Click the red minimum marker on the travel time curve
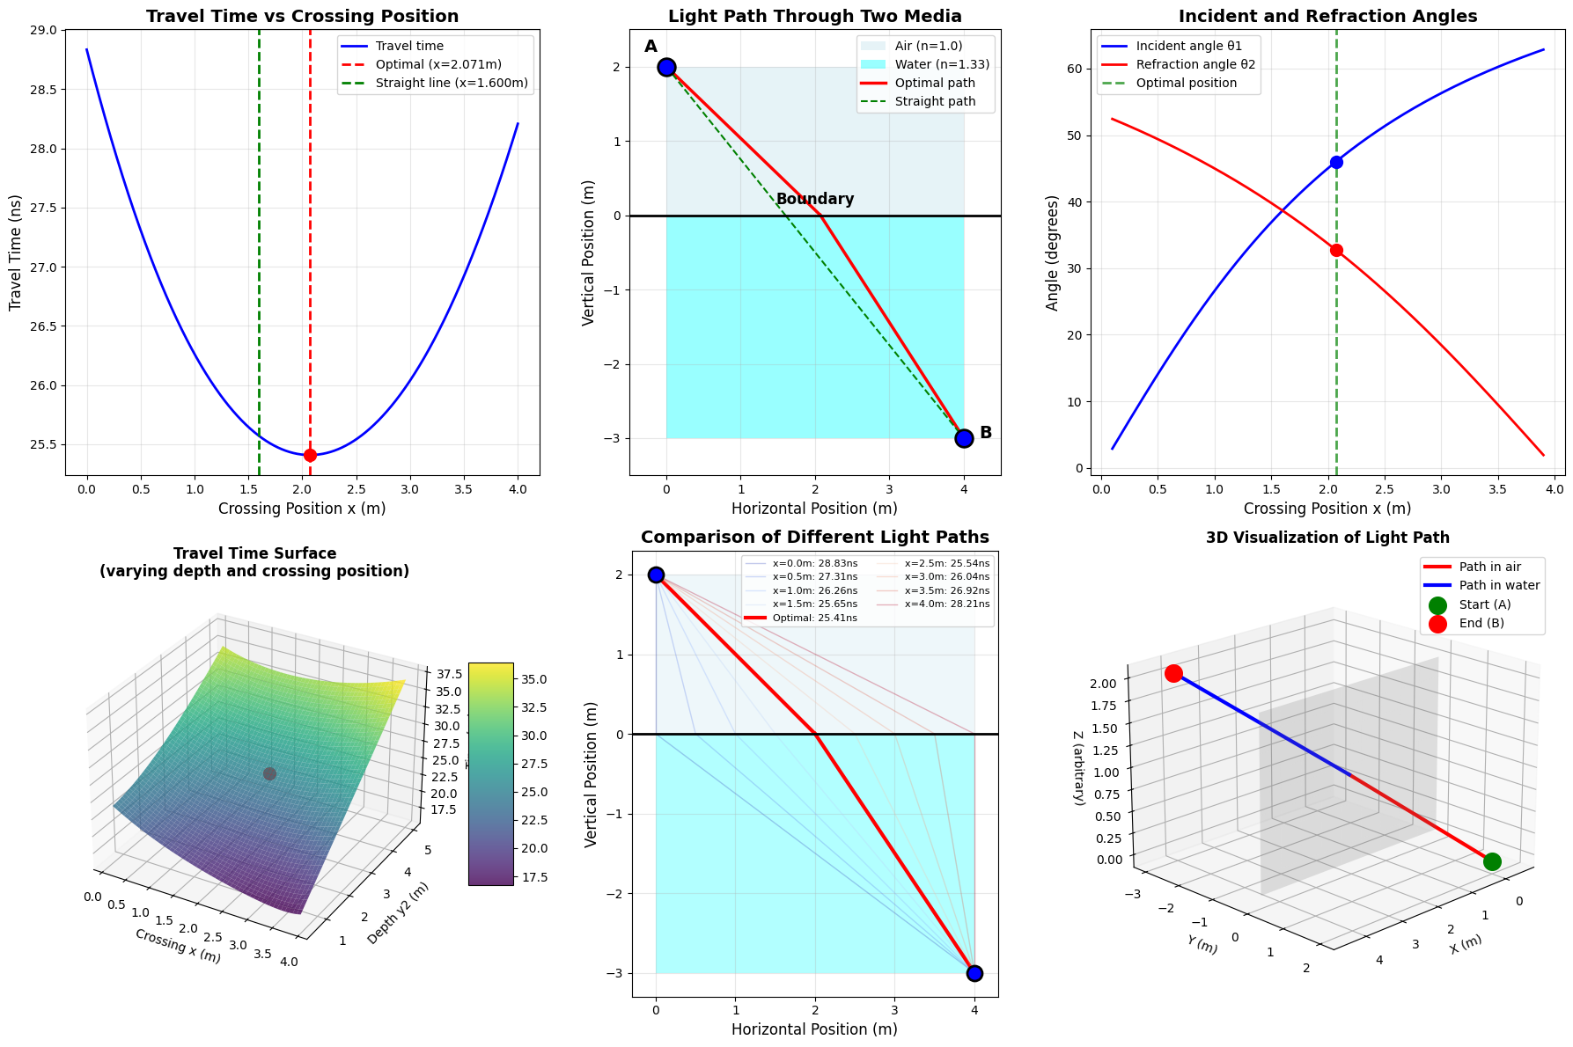point(310,455)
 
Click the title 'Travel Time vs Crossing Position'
point(302,17)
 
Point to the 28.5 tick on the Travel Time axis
point(43,90)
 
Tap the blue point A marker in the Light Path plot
point(666,67)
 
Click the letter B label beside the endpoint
point(986,433)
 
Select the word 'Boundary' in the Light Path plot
point(815,200)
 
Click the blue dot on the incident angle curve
point(1336,162)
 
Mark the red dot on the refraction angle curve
point(1336,251)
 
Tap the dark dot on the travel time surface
point(269,774)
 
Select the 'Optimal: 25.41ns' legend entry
point(814,619)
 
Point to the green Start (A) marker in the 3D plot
point(1491,861)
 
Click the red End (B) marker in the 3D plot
point(1173,674)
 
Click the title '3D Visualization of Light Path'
point(1327,538)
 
